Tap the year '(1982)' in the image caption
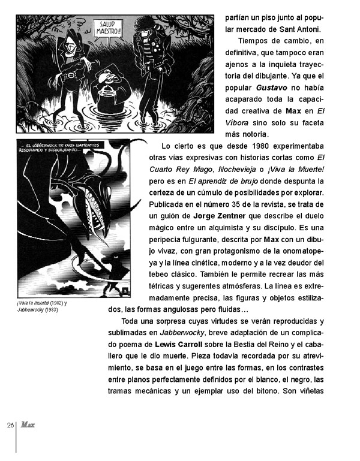(x=56, y=303)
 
